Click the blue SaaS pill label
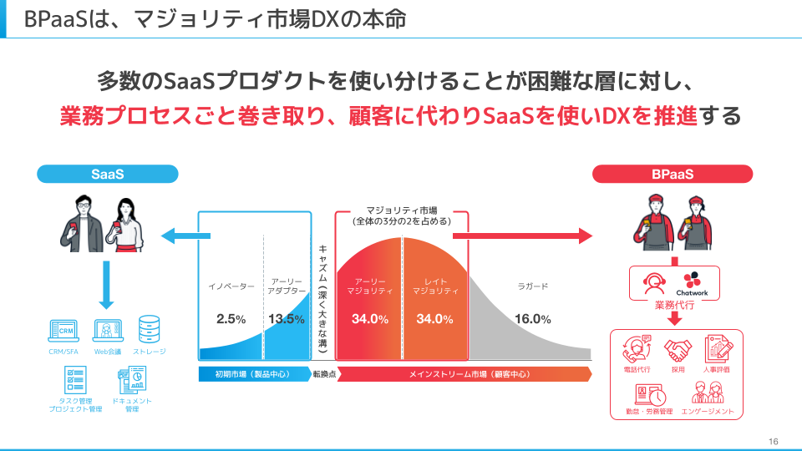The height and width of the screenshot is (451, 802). pos(108,174)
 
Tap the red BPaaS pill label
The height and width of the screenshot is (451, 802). pos(672,174)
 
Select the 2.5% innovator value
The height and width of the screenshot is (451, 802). pos(231,319)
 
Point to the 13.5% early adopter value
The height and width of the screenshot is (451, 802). pos(287,319)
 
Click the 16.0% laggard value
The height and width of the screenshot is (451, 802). pos(532,319)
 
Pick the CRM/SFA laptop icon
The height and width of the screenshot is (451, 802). pos(63,332)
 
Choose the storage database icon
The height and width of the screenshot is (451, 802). pos(149,329)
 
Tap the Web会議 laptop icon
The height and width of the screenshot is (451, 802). pos(108,332)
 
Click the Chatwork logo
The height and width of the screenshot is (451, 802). pos(692,284)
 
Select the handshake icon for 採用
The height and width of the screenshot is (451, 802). pos(678,351)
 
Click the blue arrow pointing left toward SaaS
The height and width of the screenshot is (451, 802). pos(185,236)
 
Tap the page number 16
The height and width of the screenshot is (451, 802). pos(773,441)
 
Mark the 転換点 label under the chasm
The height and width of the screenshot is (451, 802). pos(324,374)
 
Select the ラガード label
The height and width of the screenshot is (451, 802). pos(532,286)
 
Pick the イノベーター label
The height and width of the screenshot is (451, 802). pos(231,286)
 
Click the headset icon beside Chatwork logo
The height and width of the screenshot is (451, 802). pos(654,283)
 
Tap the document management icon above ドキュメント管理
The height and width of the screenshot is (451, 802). pos(132,379)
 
